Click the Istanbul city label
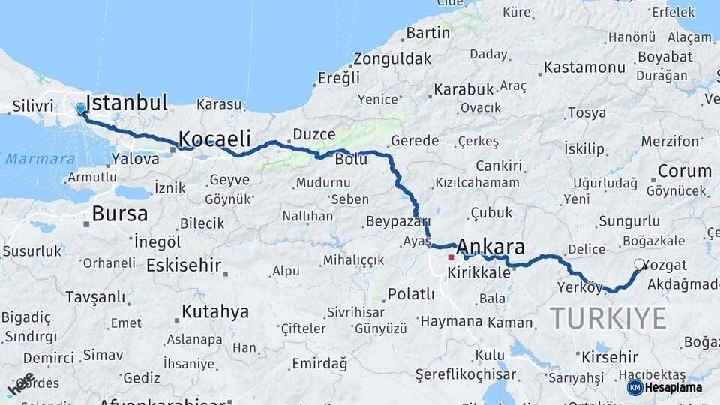[x=127, y=103]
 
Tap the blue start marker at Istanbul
[x=80, y=109]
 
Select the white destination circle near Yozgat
[x=639, y=264]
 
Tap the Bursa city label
[x=119, y=214]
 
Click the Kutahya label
[x=214, y=311]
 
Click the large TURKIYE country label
[x=607, y=318]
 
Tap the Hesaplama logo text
[x=673, y=387]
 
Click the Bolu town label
[x=350, y=159]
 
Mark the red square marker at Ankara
[x=451, y=257]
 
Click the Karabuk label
[x=463, y=89]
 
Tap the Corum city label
[x=684, y=171]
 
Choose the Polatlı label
[x=411, y=294]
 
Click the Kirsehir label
[x=609, y=357]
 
